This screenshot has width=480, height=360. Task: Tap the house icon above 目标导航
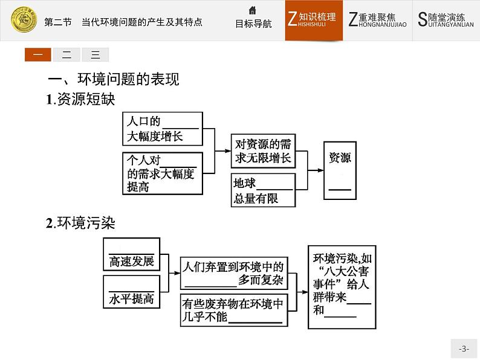(x=253, y=10)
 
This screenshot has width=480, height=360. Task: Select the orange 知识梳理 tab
(x=314, y=20)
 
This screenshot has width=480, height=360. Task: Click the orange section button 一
(x=38, y=55)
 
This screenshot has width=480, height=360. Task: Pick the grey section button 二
(x=66, y=55)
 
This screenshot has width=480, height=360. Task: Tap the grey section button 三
(x=95, y=55)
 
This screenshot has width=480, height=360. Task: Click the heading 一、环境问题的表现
(x=114, y=80)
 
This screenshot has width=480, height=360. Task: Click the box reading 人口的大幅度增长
(x=162, y=128)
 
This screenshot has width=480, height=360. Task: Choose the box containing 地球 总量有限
(x=263, y=190)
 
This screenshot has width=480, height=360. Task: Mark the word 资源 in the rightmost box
(x=340, y=158)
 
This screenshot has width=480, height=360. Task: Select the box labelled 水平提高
(x=131, y=291)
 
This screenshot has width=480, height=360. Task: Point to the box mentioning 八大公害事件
(x=340, y=286)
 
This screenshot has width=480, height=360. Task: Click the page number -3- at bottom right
(x=464, y=349)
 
